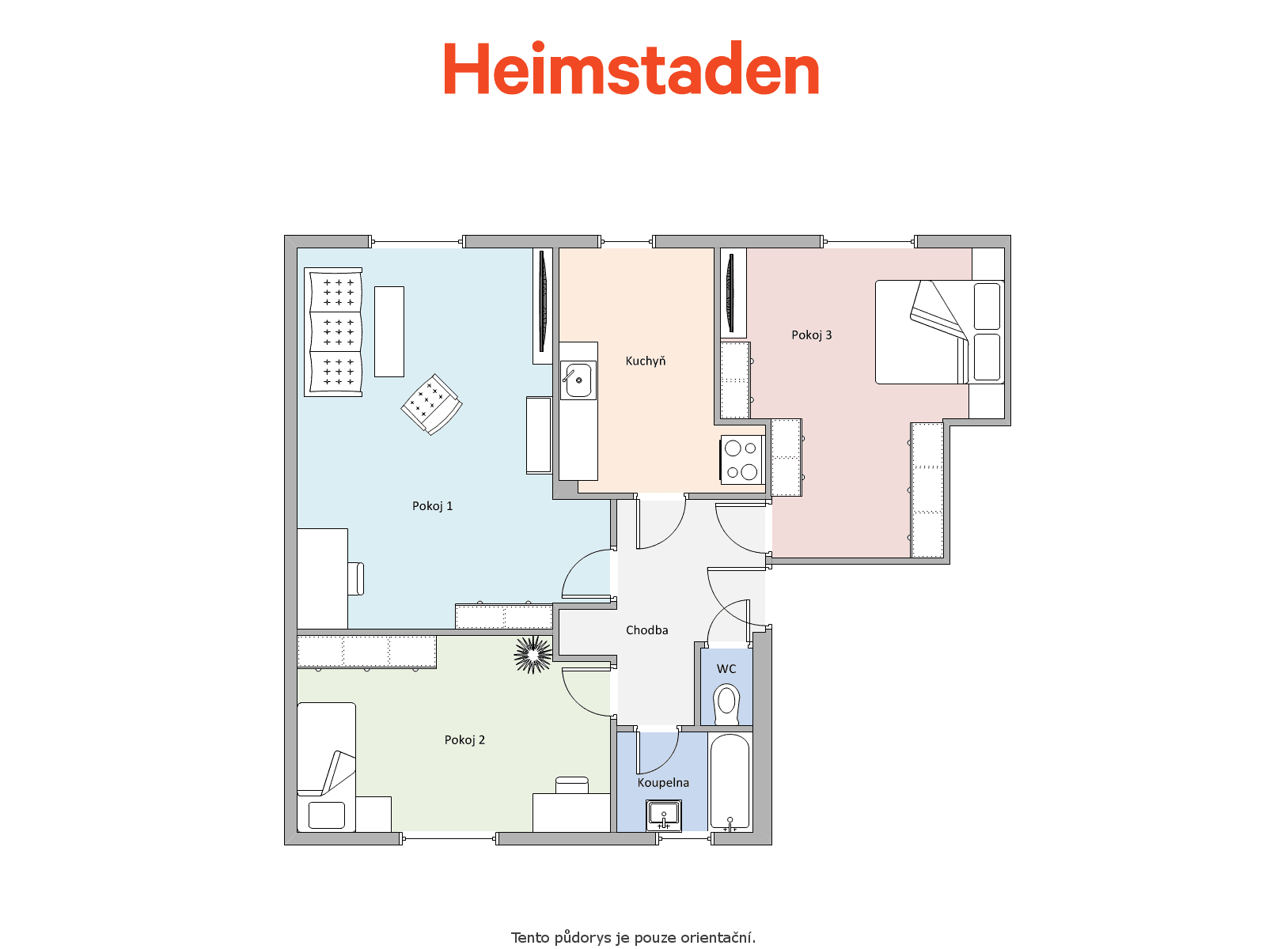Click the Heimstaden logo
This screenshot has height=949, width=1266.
click(631, 68)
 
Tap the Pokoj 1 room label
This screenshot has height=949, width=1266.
click(432, 506)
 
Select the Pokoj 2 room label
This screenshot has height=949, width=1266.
click(464, 740)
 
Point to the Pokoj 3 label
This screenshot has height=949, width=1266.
click(811, 335)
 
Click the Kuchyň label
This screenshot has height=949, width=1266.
click(646, 361)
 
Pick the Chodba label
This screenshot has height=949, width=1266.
click(646, 630)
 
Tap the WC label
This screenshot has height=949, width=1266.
click(726, 668)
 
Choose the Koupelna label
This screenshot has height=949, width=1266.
click(663, 782)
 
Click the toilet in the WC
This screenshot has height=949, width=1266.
click(726, 704)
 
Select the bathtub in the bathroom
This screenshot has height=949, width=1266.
click(730, 781)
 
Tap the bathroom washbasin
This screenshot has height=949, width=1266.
click(664, 815)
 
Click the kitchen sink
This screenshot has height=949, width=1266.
click(578, 380)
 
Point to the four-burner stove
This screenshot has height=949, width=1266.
click(741, 459)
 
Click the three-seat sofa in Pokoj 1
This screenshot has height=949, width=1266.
click(333, 332)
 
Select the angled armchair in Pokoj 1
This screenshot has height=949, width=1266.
click(431, 404)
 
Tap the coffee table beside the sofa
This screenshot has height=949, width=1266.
click(389, 331)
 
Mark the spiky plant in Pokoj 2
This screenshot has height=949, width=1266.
click(533, 654)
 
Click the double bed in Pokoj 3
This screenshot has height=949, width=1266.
click(939, 332)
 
